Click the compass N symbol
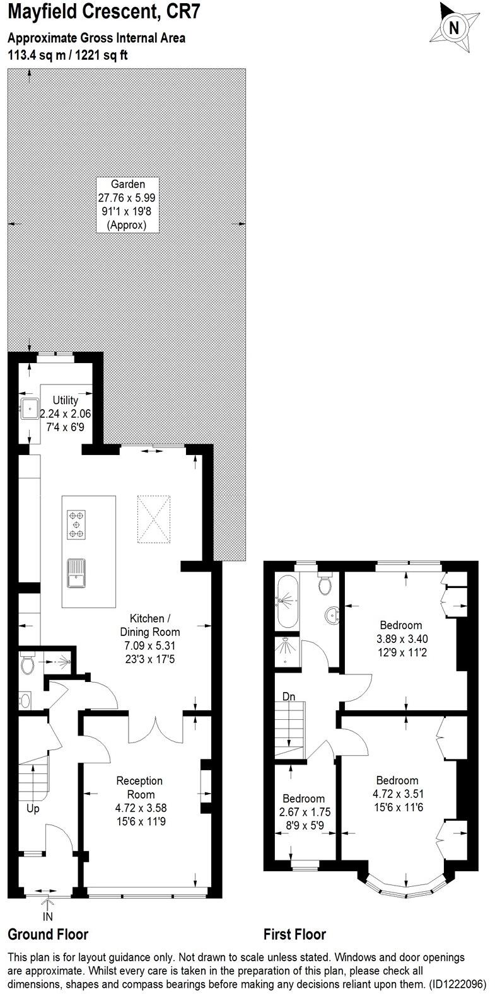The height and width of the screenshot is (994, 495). click(453, 28)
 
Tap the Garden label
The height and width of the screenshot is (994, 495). click(128, 185)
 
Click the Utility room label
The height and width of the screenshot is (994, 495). click(65, 400)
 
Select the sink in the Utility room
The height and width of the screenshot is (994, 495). click(28, 409)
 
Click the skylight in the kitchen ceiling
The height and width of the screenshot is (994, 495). click(154, 519)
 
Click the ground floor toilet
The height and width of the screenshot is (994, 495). click(28, 664)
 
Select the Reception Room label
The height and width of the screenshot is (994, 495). click(139, 787)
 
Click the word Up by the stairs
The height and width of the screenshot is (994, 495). click(33, 808)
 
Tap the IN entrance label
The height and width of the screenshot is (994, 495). click(47, 916)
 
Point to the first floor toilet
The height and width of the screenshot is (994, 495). click(325, 585)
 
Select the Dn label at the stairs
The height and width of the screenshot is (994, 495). click(289, 696)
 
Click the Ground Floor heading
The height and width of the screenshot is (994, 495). click(48, 934)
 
